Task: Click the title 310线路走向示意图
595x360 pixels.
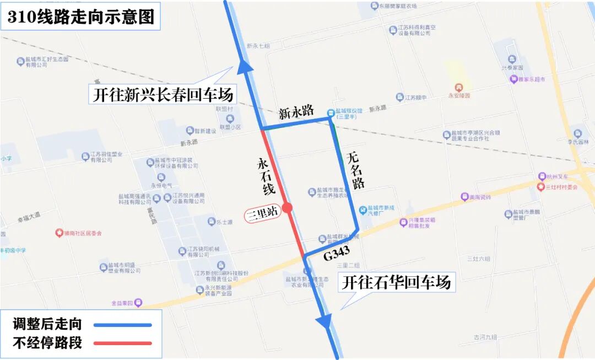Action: [x=80, y=17]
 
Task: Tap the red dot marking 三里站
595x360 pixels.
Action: [x=287, y=208]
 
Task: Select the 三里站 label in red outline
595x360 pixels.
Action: [x=262, y=212]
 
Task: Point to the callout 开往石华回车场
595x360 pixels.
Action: [x=396, y=282]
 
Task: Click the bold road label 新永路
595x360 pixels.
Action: [x=296, y=112]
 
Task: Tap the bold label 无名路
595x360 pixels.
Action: [x=356, y=170]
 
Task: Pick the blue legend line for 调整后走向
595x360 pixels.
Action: [x=122, y=325]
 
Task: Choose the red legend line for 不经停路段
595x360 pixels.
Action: [x=122, y=343]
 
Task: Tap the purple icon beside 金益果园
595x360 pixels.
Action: [x=138, y=302]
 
